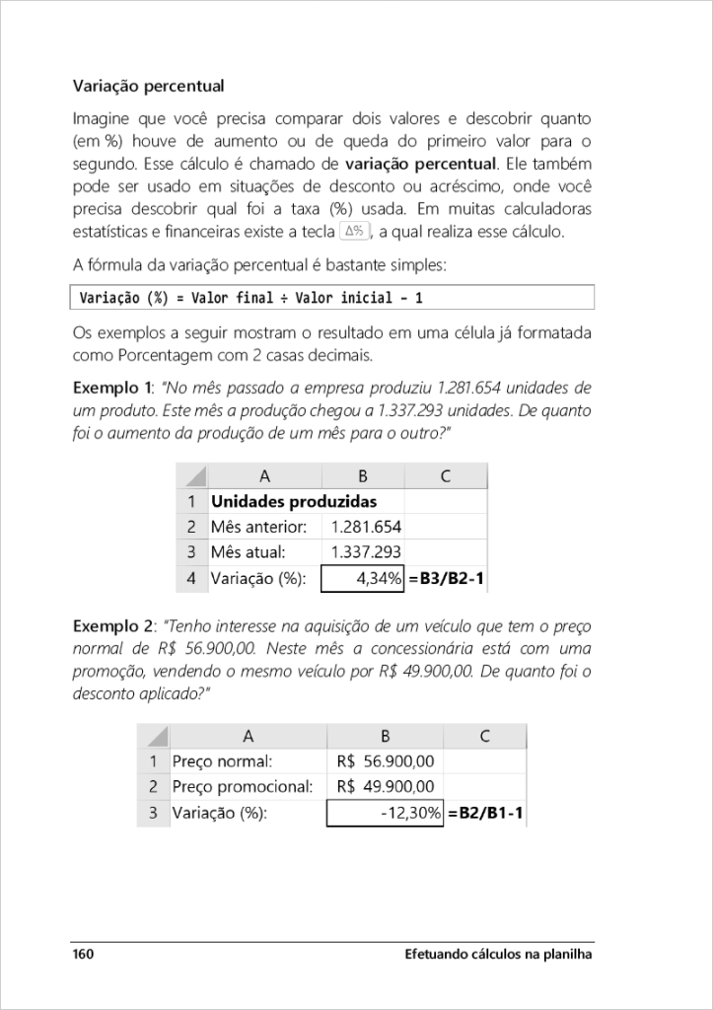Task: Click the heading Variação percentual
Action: (148, 86)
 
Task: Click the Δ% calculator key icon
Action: (354, 231)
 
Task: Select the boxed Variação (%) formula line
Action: (333, 297)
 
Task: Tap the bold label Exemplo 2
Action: (112, 625)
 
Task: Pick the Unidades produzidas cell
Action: (294, 501)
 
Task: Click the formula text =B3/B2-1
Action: (446, 579)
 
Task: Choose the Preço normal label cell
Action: (222, 761)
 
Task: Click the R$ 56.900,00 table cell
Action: (385, 761)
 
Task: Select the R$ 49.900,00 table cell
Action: (385, 787)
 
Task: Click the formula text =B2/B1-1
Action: (486, 813)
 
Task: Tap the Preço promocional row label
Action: (243, 787)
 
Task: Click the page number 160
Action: (83, 955)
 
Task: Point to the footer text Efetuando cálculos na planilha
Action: (499, 955)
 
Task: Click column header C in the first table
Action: (446, 476)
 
